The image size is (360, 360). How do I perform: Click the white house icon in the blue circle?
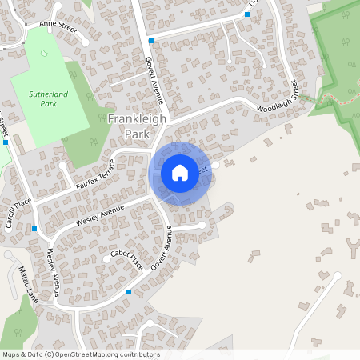pos(180,172)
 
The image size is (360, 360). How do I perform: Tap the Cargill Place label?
pos(16,213)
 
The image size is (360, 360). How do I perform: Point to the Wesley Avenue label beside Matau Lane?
pos(54,273)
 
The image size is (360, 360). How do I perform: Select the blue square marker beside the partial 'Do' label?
pos(247,14)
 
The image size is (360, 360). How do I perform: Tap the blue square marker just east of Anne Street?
pos(150,40)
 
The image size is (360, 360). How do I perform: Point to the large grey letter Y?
pos(354,243)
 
